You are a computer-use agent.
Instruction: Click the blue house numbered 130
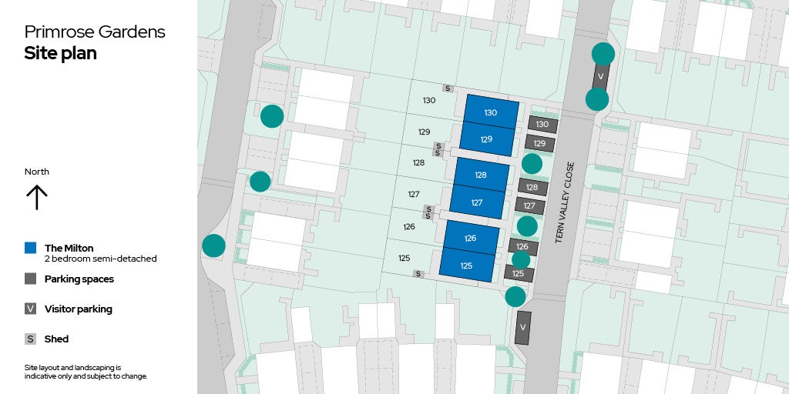(x=491, y=112)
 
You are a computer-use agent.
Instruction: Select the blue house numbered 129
(x=486, y=139)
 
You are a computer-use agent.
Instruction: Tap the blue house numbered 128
(x=481, y=175)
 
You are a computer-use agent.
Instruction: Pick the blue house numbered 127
(x=476, y=202)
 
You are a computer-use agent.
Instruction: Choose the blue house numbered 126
(x=470, y=238)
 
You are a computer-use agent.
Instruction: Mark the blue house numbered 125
(x=466, y=265)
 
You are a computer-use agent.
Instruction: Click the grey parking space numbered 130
(x=542, y=124)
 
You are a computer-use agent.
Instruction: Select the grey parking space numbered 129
(x=539, y=143)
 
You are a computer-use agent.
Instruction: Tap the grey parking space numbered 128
(x=532, y=187)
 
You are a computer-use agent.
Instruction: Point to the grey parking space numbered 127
(x=529, y=205)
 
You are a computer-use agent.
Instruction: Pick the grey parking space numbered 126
(x=522, y=246)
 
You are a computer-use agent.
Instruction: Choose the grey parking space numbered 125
(x=519, y=273)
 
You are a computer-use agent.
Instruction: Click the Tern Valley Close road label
(x=565, y=202)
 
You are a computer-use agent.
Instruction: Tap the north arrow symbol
(x=36, y=197)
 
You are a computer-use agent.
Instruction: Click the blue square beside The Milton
(x=30, y=248)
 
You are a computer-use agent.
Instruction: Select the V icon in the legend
(x=30, y=309)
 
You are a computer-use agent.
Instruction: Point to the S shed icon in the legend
(x=30, y=339)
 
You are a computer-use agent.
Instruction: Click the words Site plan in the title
(x=60, y=54)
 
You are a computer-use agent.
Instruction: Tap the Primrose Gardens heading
(x=95, y=32)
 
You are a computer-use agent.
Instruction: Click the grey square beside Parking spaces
(x=30, y=279)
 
